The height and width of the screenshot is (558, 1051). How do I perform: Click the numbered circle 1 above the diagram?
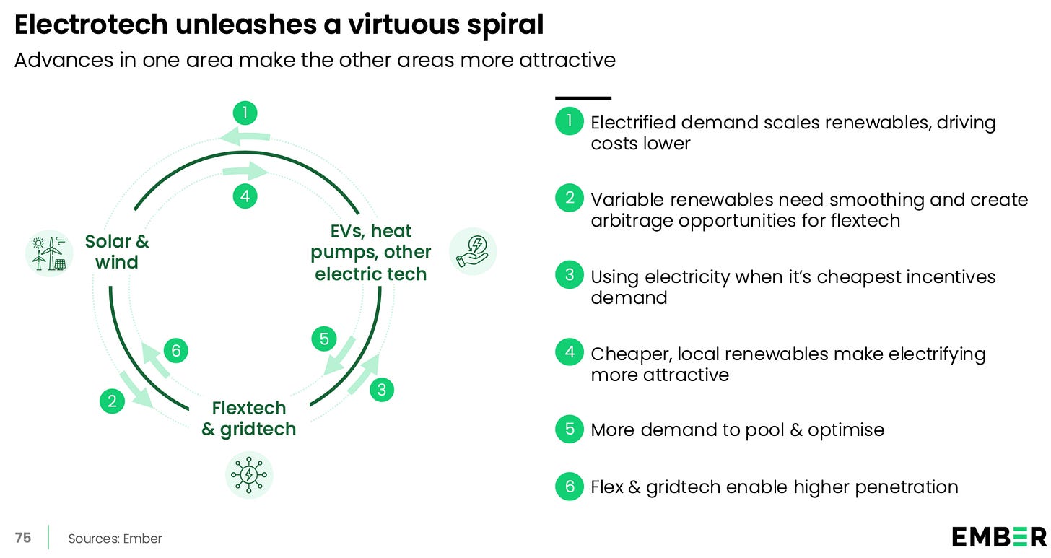[245, 113]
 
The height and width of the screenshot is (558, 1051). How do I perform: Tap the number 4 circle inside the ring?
[245, 196]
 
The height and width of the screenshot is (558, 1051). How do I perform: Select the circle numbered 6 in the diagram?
[175, 351]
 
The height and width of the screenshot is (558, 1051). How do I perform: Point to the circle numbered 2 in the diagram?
[112, 401]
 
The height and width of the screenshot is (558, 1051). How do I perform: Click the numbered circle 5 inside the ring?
[324, 339]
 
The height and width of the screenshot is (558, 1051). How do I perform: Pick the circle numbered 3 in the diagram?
[382, 391]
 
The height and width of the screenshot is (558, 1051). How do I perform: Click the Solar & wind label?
[117, 251]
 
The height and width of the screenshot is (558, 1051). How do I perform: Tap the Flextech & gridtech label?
[248, 418]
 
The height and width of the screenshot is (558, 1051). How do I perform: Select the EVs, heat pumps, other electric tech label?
[371, 252]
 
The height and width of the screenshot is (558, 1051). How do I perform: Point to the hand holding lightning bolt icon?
[472, 251]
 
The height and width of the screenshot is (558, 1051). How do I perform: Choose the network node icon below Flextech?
[249, 474]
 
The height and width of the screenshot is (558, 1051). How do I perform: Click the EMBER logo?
[998, 536]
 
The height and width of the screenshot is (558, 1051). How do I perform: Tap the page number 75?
[23, 538]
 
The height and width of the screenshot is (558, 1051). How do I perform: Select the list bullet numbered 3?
[570, 274]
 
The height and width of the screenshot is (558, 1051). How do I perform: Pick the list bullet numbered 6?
[570, 487]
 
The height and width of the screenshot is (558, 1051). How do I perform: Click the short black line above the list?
[583, 97]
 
